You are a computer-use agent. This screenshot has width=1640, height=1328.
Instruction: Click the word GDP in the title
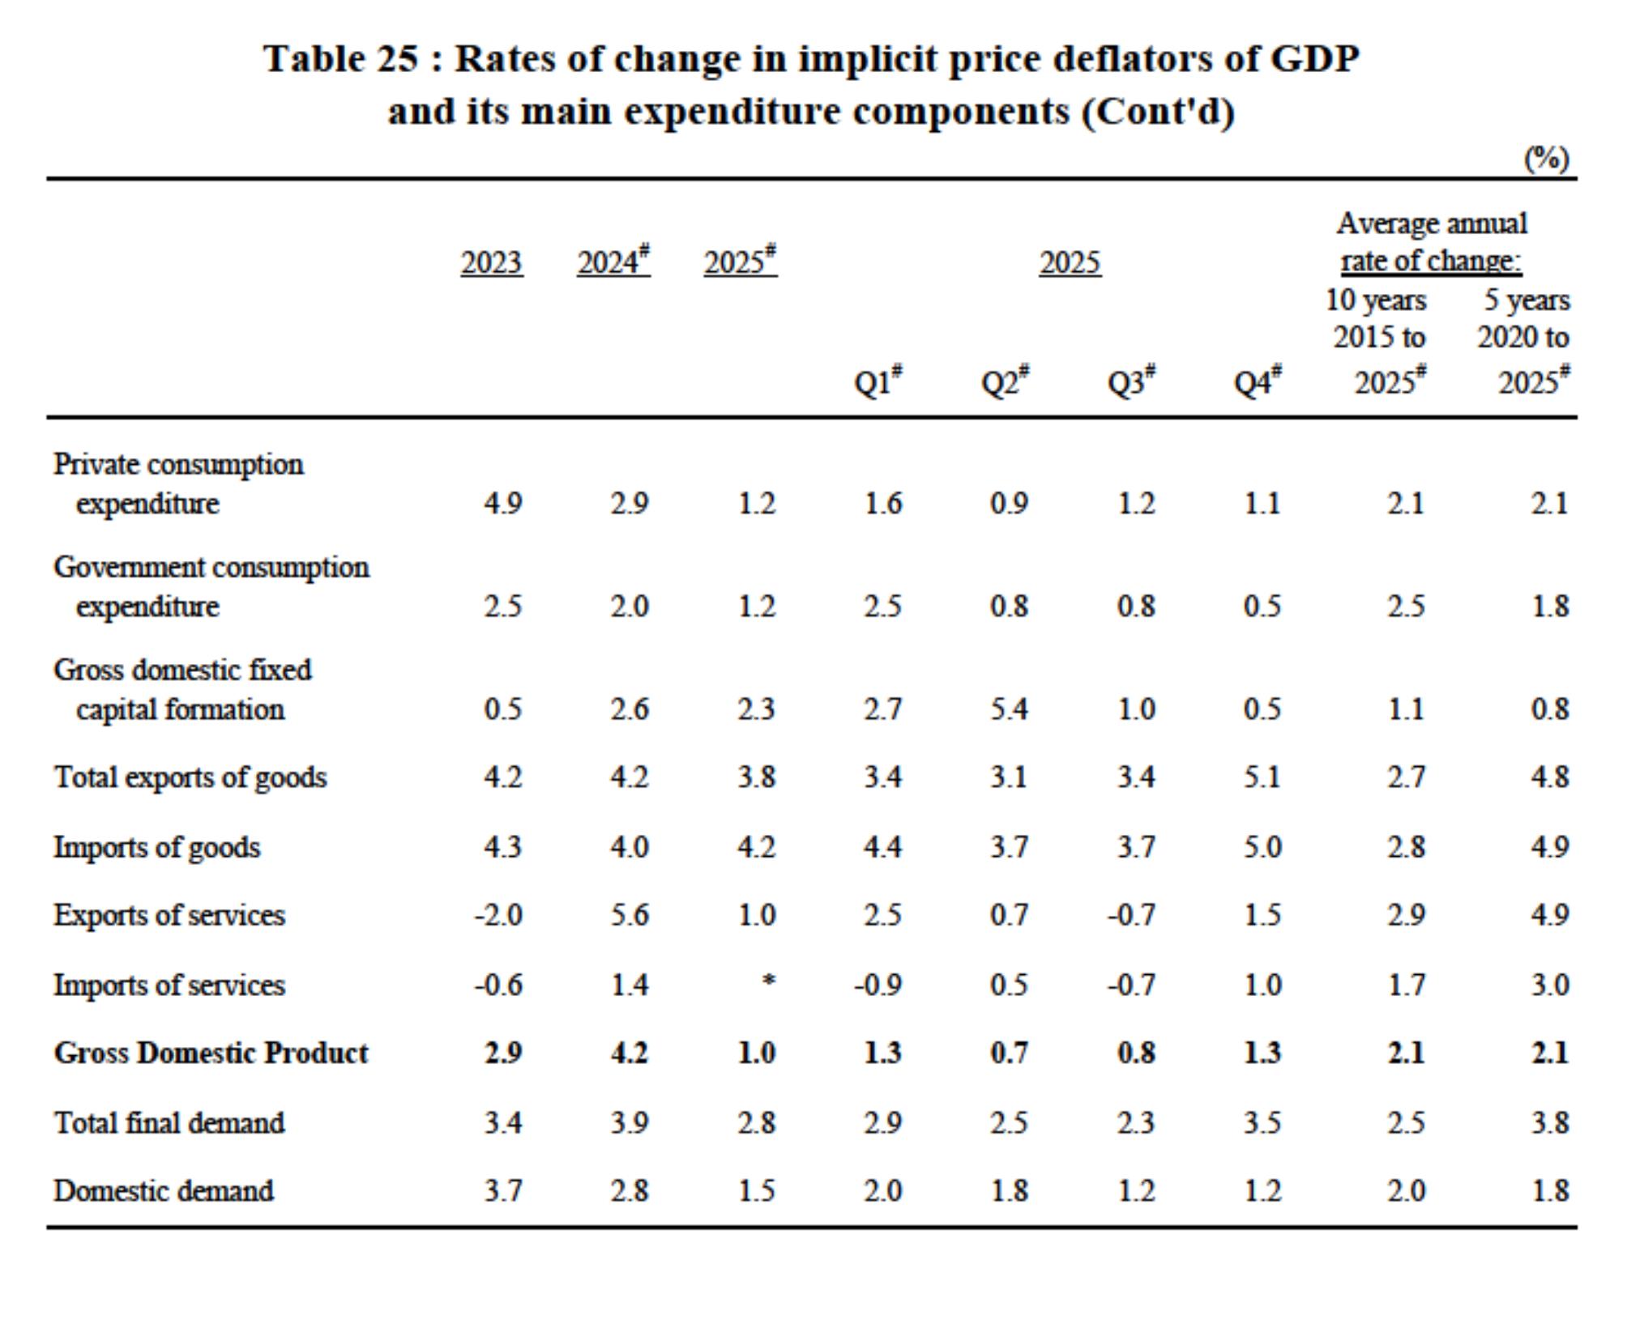point(1313,59)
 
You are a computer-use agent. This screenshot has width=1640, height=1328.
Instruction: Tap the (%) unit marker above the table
point(1547,158)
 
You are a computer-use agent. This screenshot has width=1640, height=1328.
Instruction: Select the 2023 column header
point(492,263)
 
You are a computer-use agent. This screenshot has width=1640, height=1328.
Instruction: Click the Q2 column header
point(1006,380)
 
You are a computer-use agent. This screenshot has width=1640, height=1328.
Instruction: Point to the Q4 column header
point(1258,380)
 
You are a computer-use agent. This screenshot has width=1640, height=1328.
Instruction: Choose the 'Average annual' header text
point(1432,223)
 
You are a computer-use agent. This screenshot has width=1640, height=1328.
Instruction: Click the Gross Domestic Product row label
point(211,1053)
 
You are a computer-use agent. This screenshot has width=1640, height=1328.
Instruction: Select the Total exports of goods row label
point(190,777)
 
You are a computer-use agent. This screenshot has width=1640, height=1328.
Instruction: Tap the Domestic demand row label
point(164,1191)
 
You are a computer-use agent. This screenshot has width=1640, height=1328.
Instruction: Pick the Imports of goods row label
point(157,848)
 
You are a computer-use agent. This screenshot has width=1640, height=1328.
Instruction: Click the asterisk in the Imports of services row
point(769,981)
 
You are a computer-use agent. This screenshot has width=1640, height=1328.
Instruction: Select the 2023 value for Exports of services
point(498,916)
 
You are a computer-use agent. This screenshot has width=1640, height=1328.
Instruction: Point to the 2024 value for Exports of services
point(630,916)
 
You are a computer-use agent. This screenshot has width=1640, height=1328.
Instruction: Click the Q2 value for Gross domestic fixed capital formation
point(1009,710)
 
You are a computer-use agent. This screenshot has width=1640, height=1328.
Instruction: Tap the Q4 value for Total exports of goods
point(1262,777)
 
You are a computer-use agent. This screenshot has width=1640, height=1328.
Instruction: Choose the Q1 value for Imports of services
point(878,985)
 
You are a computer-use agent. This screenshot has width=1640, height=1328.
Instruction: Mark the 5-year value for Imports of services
point(1550,985)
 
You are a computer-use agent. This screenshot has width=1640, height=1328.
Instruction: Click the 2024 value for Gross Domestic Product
point(630,1053)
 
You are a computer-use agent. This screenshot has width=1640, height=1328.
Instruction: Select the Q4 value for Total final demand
point(1262,1123)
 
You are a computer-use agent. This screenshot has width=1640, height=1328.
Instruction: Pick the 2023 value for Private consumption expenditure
point(503,504)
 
